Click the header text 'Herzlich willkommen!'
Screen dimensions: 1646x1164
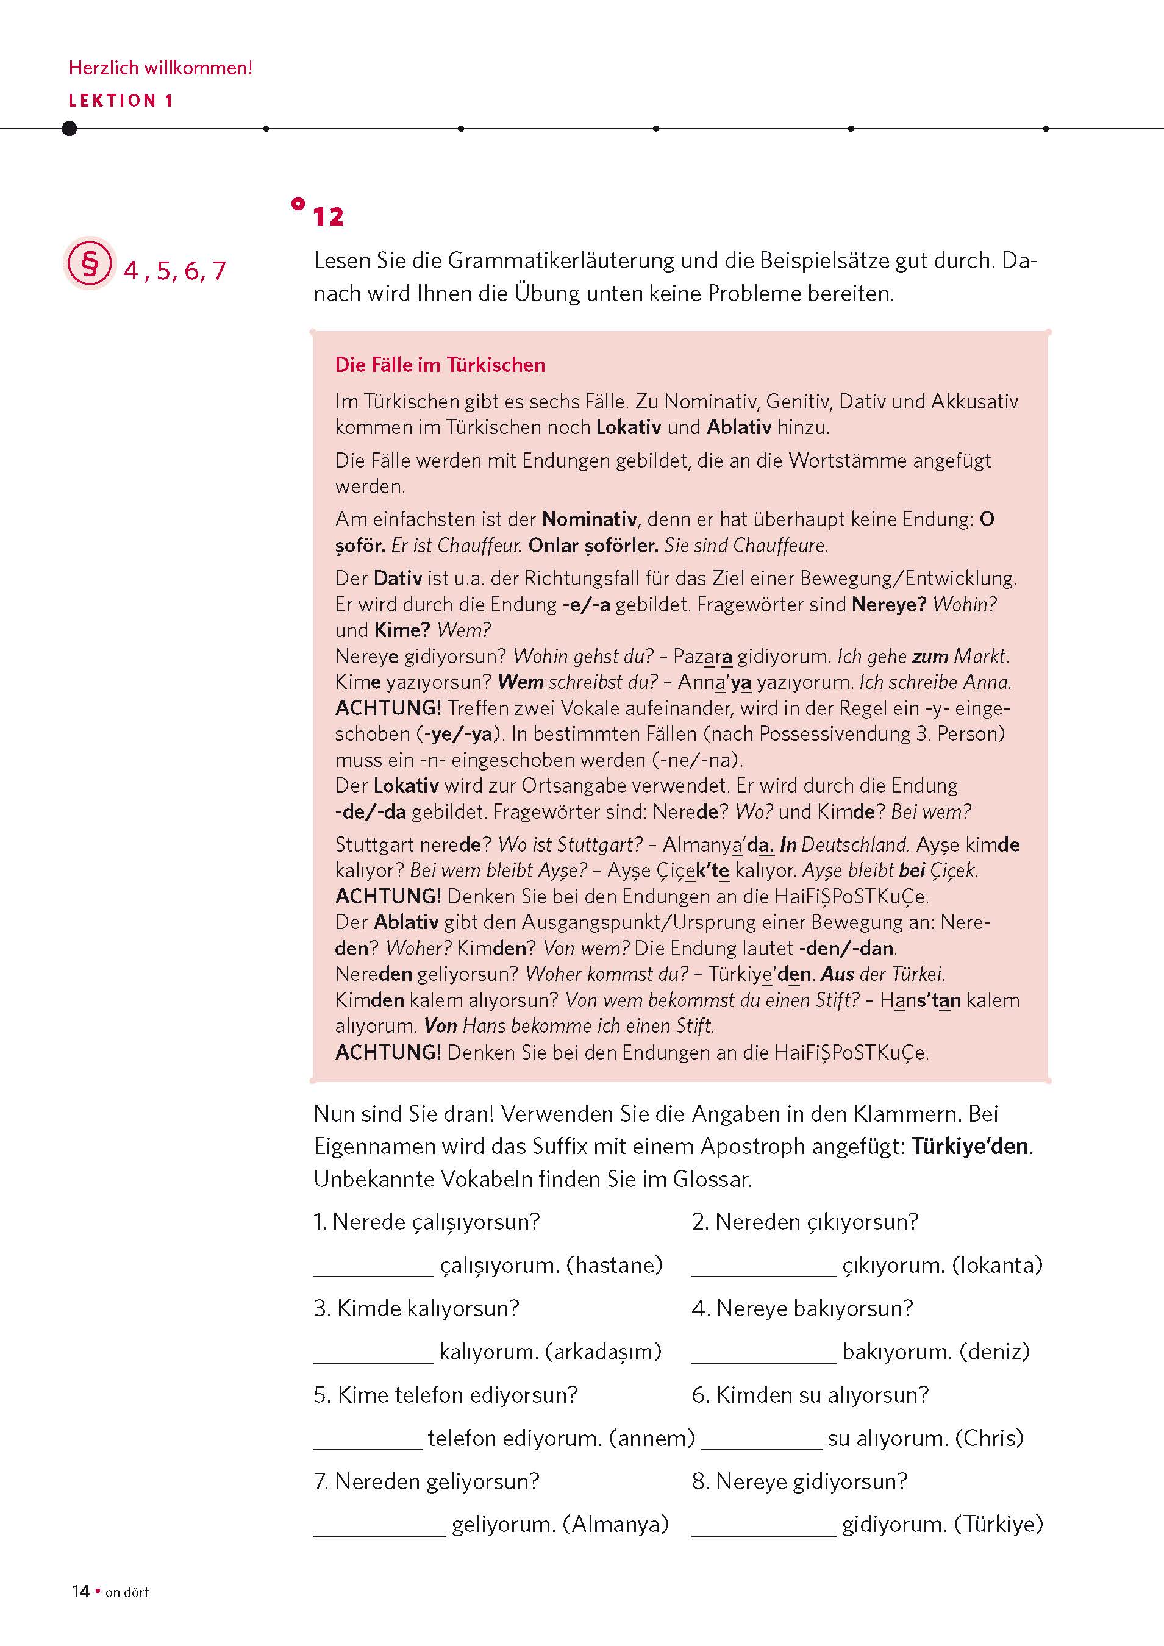point(160,68)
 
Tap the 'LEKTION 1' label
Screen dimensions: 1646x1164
point(121,101)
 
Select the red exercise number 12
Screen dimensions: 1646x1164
point(328,216)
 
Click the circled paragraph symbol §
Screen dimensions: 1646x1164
point(90,263)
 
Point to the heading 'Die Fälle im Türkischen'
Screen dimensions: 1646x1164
point(440,365)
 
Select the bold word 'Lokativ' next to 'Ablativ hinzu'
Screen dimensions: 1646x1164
point(628,427)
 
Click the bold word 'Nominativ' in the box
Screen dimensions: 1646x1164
point(589,519)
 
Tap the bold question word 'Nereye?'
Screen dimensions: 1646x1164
point(888,604)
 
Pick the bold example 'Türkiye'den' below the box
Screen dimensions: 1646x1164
point(969,1146)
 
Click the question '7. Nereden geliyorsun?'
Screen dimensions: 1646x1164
point(426,1481)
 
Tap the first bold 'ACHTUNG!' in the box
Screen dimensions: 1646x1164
point(388,708)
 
